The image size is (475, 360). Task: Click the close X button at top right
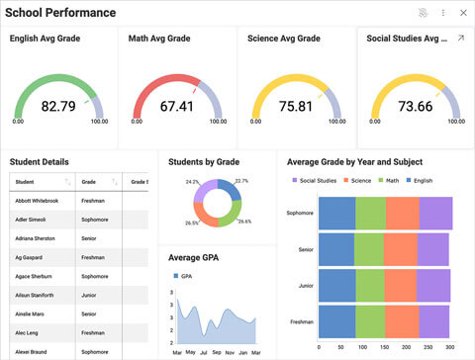tap(462, 13)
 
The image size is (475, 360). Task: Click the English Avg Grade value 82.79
tap(58, 106)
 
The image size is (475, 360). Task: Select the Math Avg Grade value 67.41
tap(176, 106)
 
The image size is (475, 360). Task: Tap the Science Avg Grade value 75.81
tap(295, 106)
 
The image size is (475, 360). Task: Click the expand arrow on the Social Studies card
tap(459, 39)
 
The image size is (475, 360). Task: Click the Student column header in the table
tap(26, 182)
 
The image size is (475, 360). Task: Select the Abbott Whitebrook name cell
tap(38, 201)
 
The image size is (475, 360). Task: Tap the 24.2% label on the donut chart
tap(192, 182)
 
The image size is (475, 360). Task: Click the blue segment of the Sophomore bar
tap(336, 213)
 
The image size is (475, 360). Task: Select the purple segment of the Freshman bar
tap(434, 321)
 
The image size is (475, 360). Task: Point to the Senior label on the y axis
tap(306, 249)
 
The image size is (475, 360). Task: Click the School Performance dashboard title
tap(61, 13)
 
